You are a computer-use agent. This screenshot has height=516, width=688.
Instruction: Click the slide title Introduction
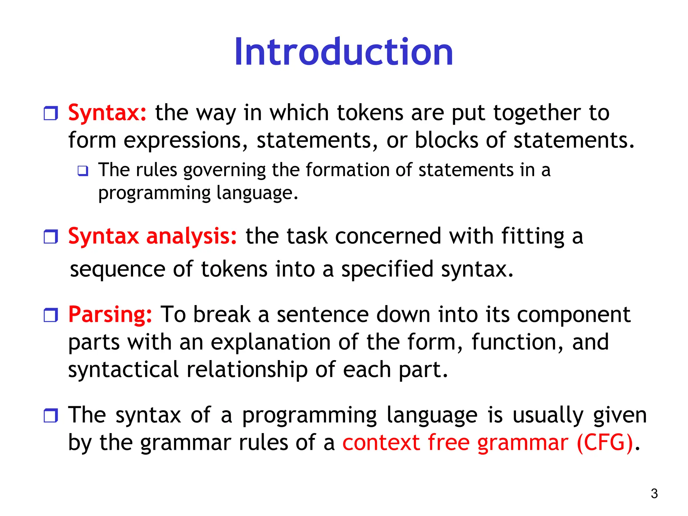[x=344, y=52]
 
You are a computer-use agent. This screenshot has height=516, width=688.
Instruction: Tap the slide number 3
[x=654, y=493]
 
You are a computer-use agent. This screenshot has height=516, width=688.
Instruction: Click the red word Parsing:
[x=110, y=315]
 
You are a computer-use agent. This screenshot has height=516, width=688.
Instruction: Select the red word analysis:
[x=191, y=236]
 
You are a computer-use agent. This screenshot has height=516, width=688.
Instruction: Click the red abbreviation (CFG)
[x=605, y=442]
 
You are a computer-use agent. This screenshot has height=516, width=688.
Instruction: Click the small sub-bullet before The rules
[x=83, y=171]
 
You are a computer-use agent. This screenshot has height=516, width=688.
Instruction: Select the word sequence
[x=118, y=269]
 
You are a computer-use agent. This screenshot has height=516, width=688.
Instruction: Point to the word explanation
[x=270, y=342]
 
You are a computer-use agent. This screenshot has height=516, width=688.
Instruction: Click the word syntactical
[x=123, y=370]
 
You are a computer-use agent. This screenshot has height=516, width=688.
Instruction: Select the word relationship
[x=247, y=370]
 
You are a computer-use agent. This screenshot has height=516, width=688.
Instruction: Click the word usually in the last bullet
[x=548, y=415]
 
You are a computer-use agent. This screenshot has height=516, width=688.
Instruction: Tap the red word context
[x=381, y=442]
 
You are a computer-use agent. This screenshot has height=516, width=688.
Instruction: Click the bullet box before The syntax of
[x=51, y=415]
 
